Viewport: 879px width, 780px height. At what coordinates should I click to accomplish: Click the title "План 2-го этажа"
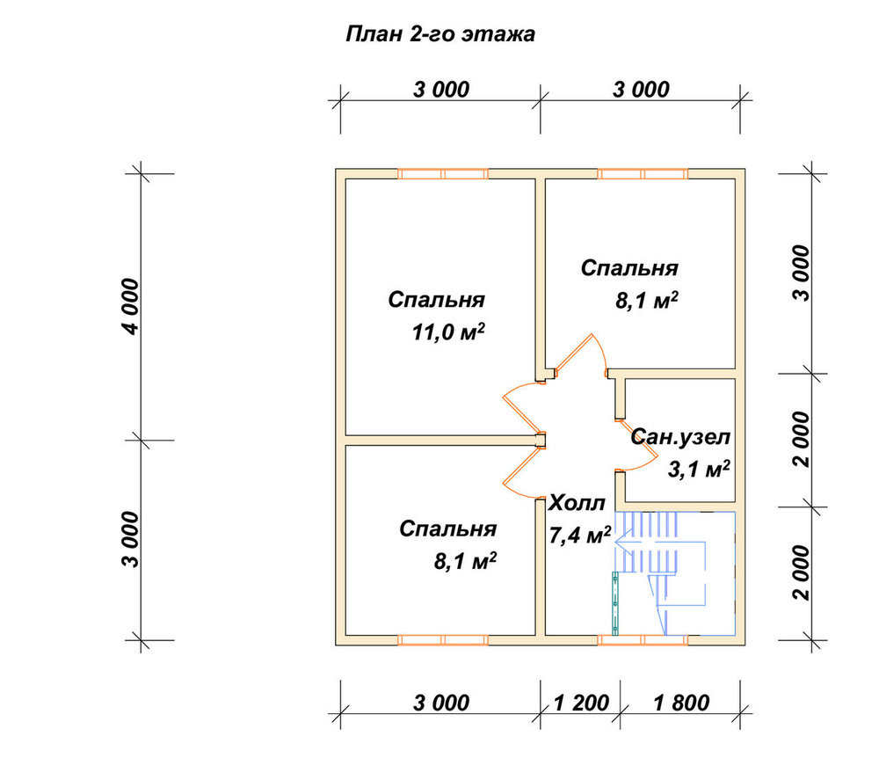(440, 34)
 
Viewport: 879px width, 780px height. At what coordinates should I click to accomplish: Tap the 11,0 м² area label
(448, 332)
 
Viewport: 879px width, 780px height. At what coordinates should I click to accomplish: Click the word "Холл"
(577, 503)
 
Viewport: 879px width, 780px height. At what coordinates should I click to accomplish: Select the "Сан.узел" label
(680, 437)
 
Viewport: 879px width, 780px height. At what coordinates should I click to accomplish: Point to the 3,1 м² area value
(699, 469)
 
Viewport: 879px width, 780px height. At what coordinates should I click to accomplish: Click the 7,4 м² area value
(579, 536)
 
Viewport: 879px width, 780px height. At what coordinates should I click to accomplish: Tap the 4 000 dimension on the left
(131, 306)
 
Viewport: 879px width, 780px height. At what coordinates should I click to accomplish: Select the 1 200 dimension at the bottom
(581, 703)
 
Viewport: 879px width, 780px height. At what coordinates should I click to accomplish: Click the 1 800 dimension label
(682, 703)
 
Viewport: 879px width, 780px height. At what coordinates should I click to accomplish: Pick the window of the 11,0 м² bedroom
(443, 174)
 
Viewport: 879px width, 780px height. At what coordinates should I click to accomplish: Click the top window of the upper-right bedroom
(643, 174)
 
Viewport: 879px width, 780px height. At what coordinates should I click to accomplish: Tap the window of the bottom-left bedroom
(443, 640)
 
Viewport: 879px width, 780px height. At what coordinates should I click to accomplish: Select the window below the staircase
(643, 640)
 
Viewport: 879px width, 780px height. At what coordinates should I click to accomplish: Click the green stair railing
(615, 603)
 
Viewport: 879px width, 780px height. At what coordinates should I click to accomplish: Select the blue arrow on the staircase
(658, 543)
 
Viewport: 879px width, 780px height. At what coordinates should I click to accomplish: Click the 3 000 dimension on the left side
(131, 539)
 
